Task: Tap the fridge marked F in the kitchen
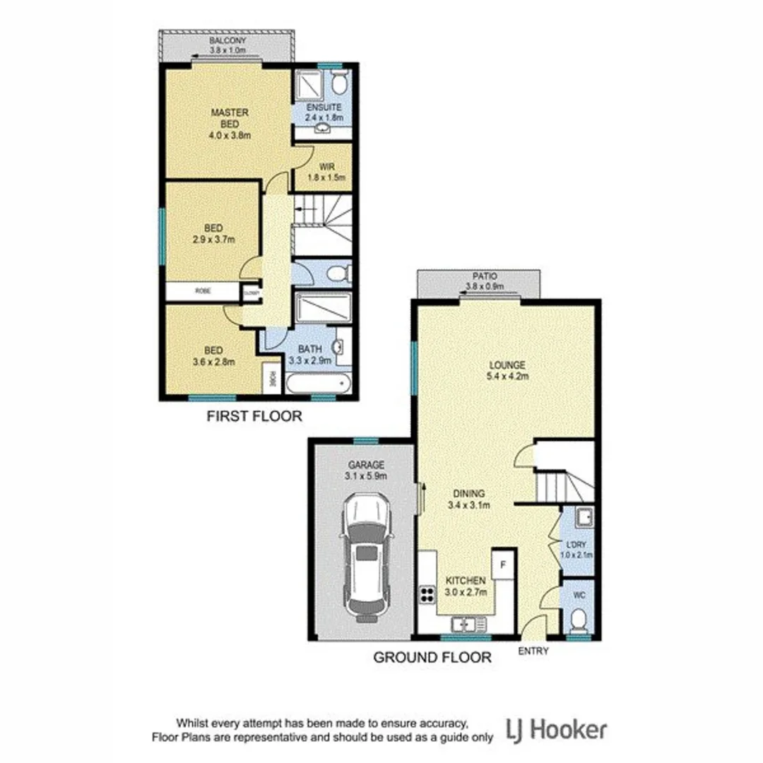point(503,564)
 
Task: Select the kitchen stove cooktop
point(427,594)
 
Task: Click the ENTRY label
point(533,651)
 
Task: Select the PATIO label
point(485,277)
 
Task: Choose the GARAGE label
point(365,465)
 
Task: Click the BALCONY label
point(226,41)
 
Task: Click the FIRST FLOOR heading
point(254,417)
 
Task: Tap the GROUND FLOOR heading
point(432,658)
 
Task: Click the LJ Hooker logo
point(556,729)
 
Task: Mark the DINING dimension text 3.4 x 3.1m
point(469,504)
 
